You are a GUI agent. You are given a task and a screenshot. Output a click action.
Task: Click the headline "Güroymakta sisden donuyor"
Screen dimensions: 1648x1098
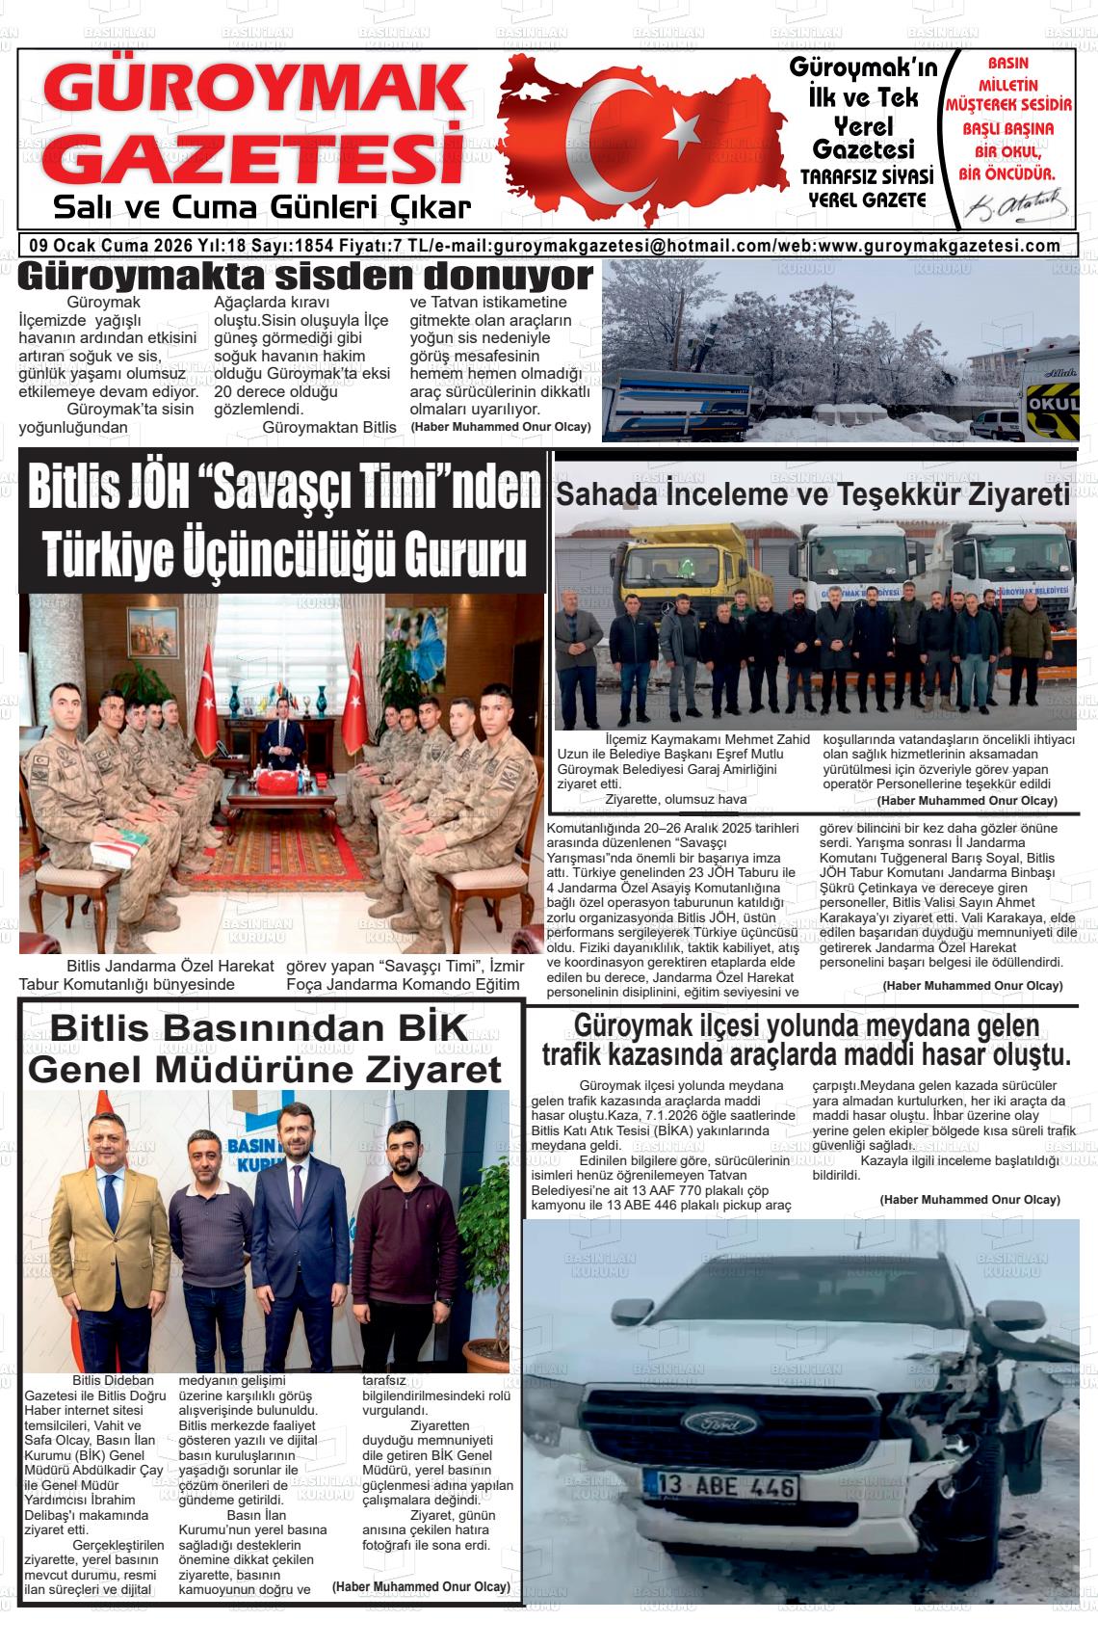click(305, 277)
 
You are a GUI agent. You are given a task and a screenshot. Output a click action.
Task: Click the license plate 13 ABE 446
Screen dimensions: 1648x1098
click(728, 1487)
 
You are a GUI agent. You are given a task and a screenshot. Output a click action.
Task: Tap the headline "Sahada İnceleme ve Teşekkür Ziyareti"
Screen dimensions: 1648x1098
click(814, 495)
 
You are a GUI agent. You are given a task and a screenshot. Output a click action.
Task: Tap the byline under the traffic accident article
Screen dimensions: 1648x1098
click(969, 1199)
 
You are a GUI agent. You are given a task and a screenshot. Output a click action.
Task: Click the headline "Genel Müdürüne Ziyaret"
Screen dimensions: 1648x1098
click(265, 1069)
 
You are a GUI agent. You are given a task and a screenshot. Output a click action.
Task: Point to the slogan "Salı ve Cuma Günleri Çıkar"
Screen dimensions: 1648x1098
click(262, 207)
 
